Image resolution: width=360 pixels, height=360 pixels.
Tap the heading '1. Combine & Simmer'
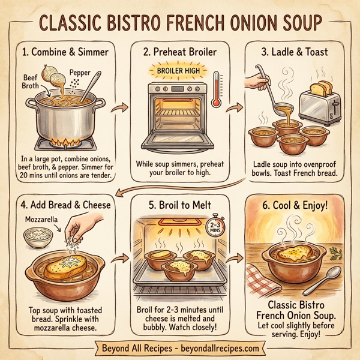tap(66, 52)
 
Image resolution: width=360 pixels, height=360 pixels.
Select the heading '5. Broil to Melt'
tap(178, 205)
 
